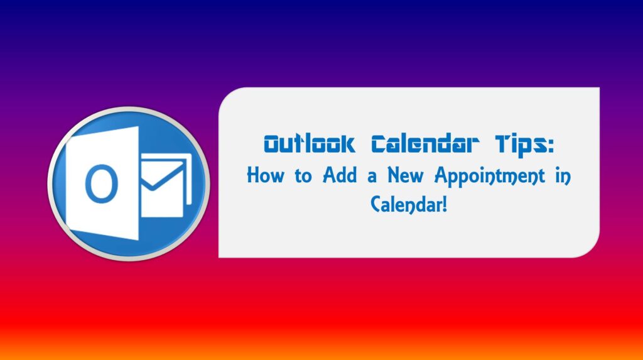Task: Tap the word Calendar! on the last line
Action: click(x=409, y=204)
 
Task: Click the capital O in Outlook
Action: click(x=271, y=145)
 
